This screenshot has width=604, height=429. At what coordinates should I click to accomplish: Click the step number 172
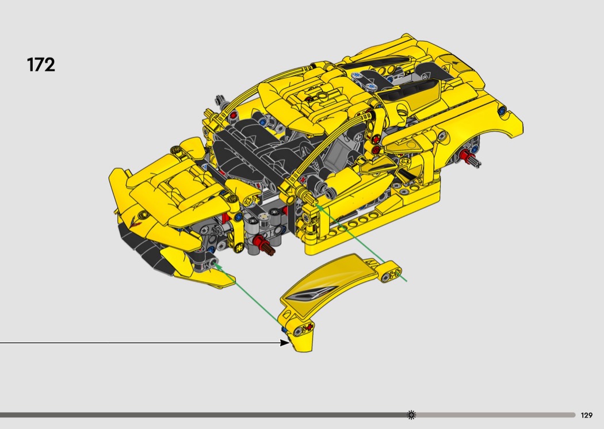point(41,65)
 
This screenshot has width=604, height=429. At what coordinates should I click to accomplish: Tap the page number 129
point(586,415)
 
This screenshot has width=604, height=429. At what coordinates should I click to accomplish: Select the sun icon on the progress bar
point(411,415)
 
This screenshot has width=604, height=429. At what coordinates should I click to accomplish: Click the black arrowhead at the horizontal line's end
point(284,342)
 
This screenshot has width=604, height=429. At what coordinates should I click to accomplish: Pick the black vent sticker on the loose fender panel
point(308,294)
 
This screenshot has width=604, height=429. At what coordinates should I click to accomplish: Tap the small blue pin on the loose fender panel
point(284,330)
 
